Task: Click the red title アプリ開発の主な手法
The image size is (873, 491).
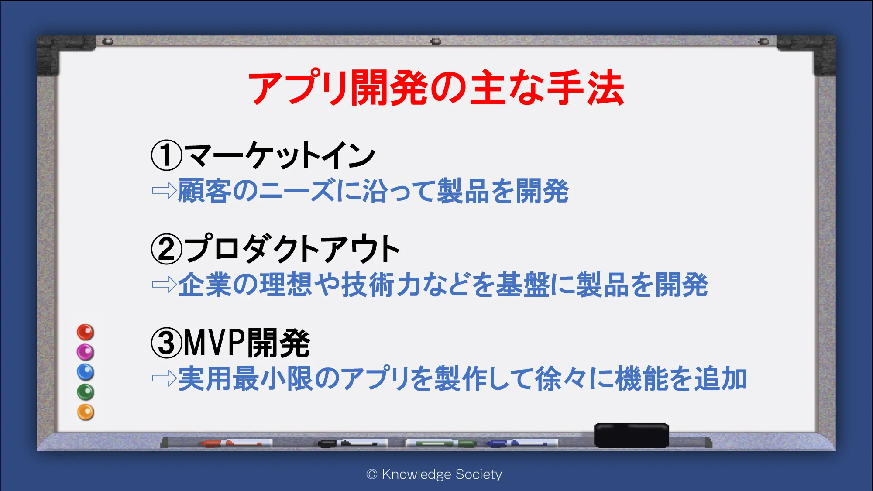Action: coord(436,88)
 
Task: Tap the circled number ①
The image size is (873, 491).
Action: coord(166,155)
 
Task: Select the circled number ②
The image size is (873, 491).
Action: coord(166,249)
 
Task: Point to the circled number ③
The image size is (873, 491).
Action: coord(166,343)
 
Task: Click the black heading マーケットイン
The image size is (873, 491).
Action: coord(279,155)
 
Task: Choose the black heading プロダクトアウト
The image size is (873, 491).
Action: coord(292,249)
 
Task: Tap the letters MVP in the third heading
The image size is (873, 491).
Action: coord(214,343)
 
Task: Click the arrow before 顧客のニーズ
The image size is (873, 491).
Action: coord(164,191)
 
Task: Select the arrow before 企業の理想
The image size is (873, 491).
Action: coord(164,285)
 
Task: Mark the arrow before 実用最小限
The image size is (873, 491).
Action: coord(164,378)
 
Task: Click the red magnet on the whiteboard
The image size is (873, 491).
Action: coord(86,332)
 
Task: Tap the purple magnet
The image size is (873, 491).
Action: coord(86,352)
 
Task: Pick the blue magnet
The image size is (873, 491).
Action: coord(86,372)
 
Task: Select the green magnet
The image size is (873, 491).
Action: coord(86,392)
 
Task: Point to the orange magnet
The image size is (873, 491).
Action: coord(86,412)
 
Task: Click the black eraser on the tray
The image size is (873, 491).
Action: coord(632,435)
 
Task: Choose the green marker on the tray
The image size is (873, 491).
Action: coord(441,443)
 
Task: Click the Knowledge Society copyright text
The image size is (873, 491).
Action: coord(434,474)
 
